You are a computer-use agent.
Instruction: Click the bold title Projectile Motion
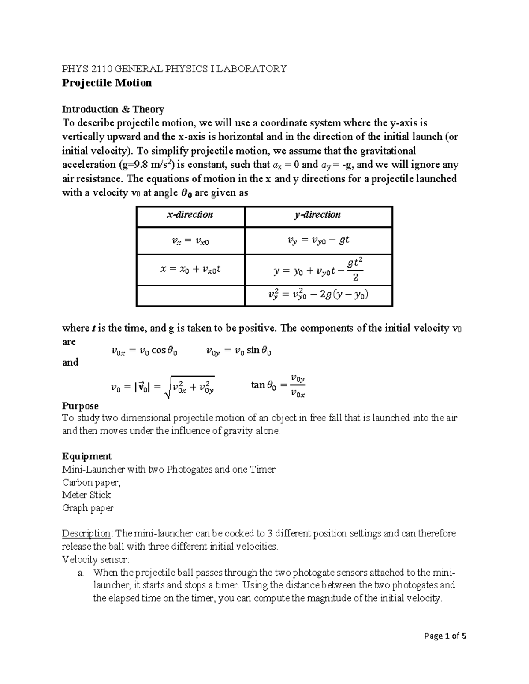coord(107,83)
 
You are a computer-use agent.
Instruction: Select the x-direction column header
coord(190,215)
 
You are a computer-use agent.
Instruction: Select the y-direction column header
coord(318,215)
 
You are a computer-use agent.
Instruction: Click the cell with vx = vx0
coord(190,240)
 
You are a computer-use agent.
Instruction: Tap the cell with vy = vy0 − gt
coord(318,240)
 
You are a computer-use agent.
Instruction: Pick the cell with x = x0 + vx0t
coord(190,269)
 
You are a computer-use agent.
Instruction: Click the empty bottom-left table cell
coord(190,296)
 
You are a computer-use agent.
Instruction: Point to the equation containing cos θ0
coord(145,351)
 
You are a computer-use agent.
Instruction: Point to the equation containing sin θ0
coord(238,351)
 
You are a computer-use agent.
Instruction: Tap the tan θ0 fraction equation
coord(278,385)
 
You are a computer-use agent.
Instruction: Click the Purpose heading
coord(80,406)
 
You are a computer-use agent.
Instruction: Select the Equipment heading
coord(87,456)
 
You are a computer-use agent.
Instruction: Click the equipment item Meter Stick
coord(86,495)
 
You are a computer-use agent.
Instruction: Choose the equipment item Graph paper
coord(88,508)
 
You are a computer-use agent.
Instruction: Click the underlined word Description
coord(86,533)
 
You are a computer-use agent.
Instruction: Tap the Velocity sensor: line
coord(96,559)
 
